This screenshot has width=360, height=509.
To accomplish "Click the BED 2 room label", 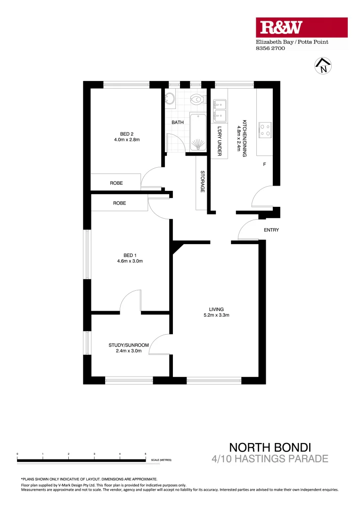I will point(127,134).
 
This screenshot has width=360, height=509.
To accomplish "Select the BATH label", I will point(178,123).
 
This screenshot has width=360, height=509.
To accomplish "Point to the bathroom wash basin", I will point(171,99).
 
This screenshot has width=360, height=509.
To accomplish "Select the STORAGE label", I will point(203,181).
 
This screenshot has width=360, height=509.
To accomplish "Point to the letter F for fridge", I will point(264,164).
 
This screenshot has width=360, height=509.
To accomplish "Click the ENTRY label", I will point(272,230).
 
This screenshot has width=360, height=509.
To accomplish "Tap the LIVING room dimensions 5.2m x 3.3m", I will point(217,315).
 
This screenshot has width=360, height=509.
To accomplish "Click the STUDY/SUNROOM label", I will point(129,345).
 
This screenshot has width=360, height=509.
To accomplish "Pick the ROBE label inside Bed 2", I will point(117,183).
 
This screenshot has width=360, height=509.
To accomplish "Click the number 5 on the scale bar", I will point(145,453).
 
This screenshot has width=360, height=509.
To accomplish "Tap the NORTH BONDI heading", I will point(270,447).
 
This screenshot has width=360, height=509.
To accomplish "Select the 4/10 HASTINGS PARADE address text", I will point(270,458).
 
